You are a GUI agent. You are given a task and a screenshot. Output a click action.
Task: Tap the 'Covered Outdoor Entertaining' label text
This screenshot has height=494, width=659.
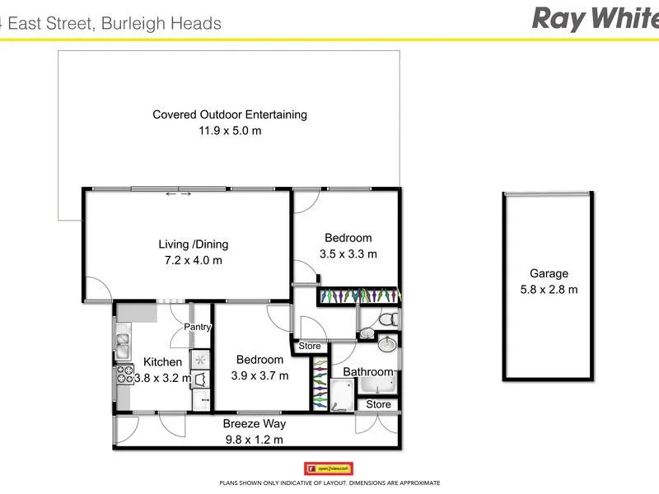pos(230,114)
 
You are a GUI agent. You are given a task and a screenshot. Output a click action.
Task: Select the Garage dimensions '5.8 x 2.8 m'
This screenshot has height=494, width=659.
pos(549,289)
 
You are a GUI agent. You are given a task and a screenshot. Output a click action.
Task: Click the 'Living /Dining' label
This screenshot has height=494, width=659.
pos(194,244)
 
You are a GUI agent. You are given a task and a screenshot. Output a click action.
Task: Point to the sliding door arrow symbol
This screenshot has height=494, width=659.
pos(179,194)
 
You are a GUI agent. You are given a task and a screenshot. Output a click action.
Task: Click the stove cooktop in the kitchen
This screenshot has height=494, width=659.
pos(124,375)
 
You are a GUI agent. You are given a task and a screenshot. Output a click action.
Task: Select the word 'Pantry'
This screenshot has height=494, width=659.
pos(198,327)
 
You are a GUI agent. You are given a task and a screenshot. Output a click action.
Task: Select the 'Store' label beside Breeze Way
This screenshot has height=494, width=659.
pos(379,404)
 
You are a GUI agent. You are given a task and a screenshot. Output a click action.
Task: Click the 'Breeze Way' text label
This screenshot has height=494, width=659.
pos(254,424)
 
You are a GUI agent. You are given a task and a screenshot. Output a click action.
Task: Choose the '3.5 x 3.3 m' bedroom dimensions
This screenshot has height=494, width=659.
pos(348,254)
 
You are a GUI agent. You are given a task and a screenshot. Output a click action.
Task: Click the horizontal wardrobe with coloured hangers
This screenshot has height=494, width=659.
pos(359,295)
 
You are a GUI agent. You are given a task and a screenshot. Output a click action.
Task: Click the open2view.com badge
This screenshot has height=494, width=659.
pos(329,468)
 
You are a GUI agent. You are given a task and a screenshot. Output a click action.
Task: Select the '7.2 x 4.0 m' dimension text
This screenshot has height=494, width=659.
pos(194,260)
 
